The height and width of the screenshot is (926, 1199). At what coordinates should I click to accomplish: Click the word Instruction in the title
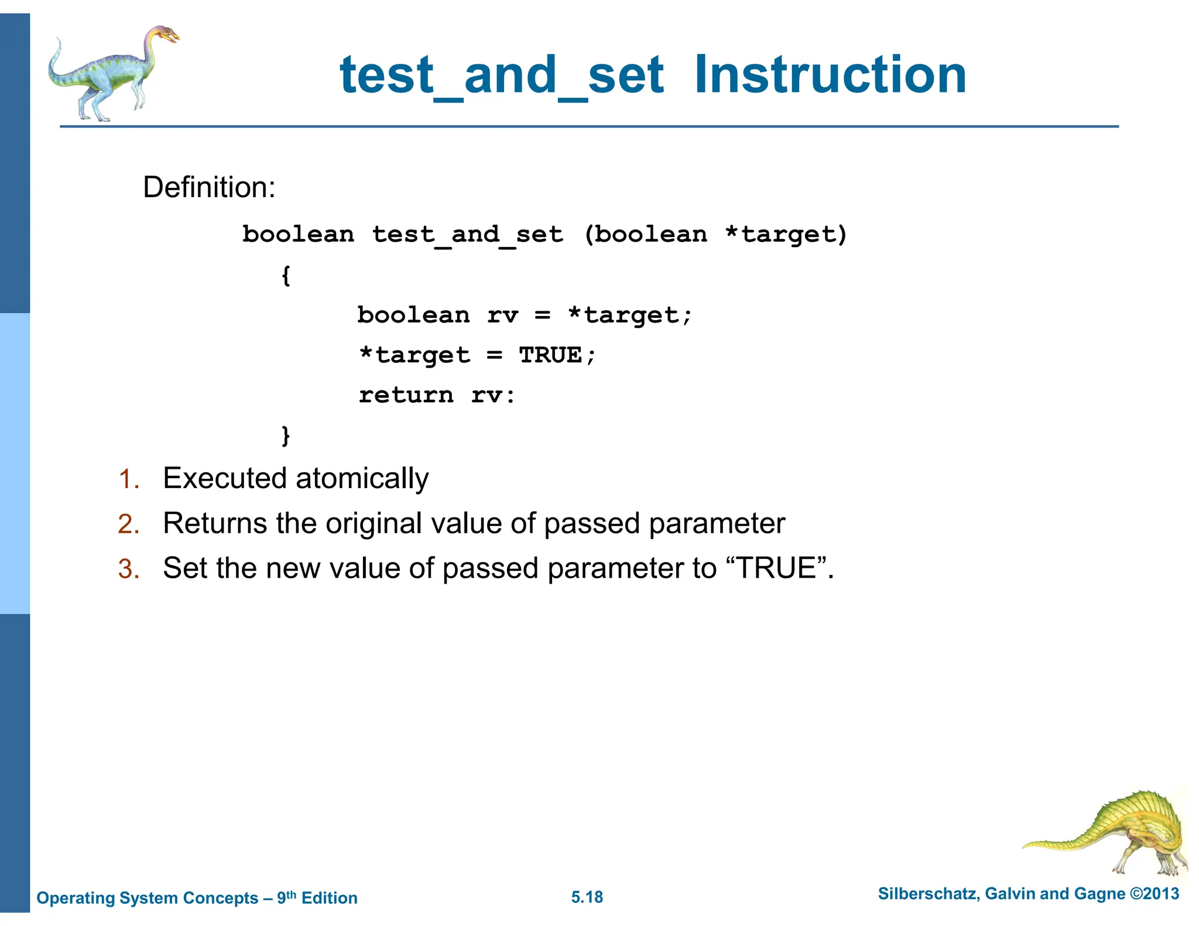click(830, 75)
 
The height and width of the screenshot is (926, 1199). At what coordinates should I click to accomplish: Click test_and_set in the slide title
click(502, 76)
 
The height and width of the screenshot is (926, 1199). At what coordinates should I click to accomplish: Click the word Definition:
click(209, 187)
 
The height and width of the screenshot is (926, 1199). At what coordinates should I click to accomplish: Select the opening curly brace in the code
click(286, 275)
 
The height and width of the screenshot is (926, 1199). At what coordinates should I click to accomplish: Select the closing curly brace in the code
click(286, 435)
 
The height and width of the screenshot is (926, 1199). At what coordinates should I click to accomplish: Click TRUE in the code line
click(550, 355)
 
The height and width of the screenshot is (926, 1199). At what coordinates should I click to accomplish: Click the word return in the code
click(406, 395)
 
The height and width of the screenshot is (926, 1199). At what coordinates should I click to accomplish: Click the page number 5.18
click(587, 897)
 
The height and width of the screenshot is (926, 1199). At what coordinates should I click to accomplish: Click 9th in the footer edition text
click(286, 897)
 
